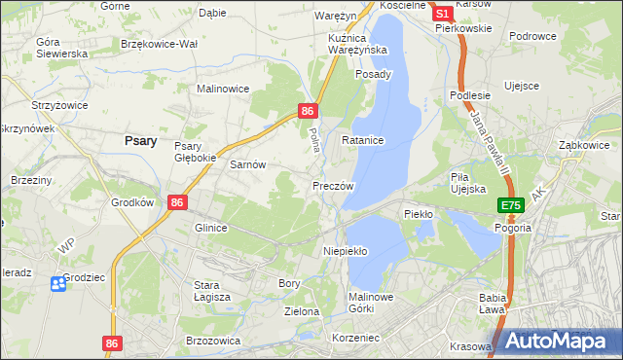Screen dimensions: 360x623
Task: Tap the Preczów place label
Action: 332,185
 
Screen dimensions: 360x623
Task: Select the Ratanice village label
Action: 363,141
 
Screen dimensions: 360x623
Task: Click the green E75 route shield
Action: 512,206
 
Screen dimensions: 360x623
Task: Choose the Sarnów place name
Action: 247,165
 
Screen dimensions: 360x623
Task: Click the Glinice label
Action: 210,228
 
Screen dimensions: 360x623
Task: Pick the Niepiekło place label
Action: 345,251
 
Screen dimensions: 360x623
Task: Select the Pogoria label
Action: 512,228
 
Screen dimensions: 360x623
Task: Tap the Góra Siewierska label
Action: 60,48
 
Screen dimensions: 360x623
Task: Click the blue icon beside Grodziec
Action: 58,282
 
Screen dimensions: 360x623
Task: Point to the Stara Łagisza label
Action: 211,291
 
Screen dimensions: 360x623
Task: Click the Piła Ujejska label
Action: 467,183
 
